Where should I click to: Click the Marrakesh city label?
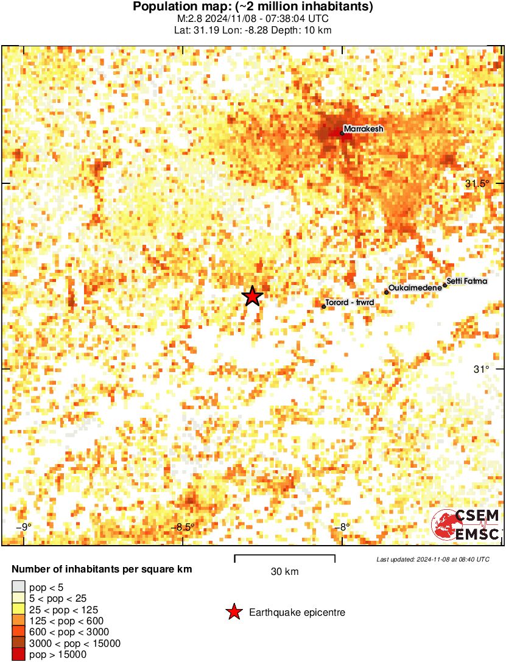coord(364,129)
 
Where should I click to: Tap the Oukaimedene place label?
coord(415,287)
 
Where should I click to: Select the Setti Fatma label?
coord(467,281)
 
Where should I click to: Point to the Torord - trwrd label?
coord(350,303)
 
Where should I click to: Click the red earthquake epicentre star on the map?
coord(252,296)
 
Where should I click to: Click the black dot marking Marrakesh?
coord(342,133)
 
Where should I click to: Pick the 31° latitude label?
coord(482,369)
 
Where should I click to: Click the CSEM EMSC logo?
coord(466,525)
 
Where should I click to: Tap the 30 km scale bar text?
coord(284,571)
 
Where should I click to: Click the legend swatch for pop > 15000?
coord(18,655)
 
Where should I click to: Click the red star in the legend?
coord(233,612)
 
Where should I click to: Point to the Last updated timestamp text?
coord(432,559)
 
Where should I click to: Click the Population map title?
coord(253,7)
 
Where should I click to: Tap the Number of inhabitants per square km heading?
coord(102,570)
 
